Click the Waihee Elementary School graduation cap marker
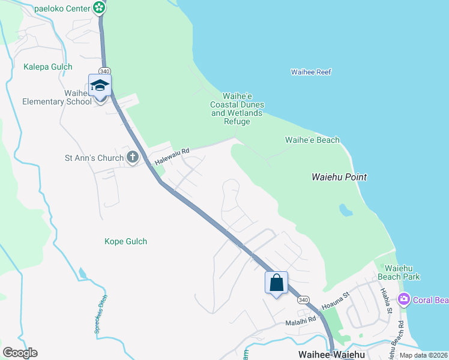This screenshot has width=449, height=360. pos(100,86)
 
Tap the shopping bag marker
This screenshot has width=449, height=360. pos(277,283)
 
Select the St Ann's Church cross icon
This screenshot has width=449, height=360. pos(133,158)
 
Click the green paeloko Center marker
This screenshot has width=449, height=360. pos(100,8)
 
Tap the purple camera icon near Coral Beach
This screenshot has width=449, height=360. pos(404,299)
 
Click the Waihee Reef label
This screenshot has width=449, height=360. pos(311,72)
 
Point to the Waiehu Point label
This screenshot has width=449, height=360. pos(339,177)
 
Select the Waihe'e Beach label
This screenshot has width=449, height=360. pos(312,140)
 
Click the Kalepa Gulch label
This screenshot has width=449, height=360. pos(48,67)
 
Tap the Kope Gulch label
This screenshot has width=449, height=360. pos(125,241)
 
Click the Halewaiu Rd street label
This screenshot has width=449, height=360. pos(172,158)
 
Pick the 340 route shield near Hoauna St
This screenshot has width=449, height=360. pos(303,299)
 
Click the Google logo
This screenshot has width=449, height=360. pos(20,352)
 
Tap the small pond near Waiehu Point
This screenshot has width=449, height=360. pos(345,210)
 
